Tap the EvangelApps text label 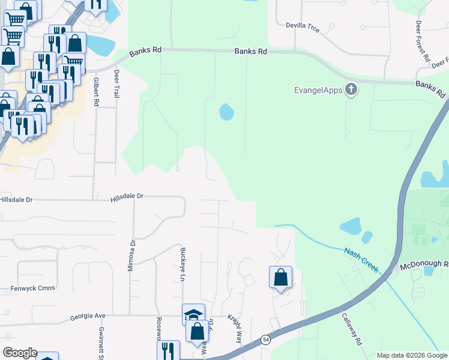[318, 91]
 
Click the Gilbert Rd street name [95, 92]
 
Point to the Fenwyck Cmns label [32, 288]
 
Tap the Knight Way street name [234, 329]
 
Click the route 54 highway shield [265, 340]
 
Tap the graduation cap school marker [193, 314]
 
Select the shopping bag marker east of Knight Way [280, 277]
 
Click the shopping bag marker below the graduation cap [197, 331]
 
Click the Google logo [20, 353]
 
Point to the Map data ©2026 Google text [411, 355]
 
